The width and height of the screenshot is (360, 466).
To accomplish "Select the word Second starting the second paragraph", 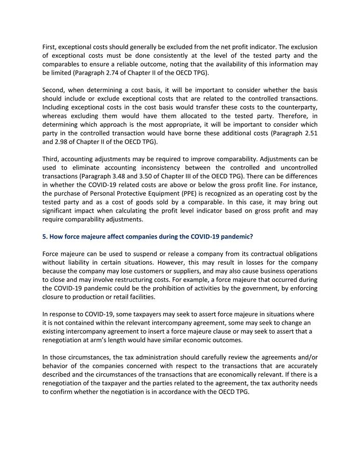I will [x=54, y=90].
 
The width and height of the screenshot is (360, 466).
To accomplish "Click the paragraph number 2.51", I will [x=308, y=133].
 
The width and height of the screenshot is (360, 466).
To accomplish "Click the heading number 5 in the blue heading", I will [x=44, y=236].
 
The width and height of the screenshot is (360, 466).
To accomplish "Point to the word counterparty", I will [x=297, y=107].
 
